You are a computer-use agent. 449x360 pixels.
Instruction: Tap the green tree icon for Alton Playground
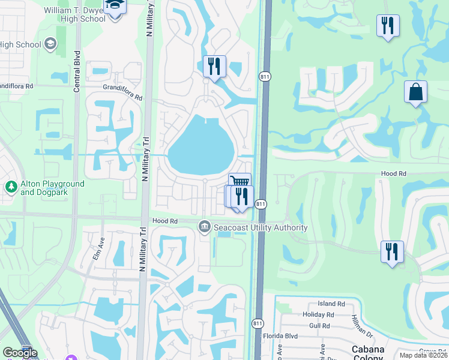(x=10, y=187)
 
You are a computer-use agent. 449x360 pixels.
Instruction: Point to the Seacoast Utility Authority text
(x=260, y=227)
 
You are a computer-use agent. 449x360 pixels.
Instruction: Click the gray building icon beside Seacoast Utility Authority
(x=204, y=226)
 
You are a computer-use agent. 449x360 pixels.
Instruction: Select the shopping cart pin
(x=240, y=182)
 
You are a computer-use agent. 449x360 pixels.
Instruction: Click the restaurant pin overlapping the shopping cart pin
(x=241, y=196)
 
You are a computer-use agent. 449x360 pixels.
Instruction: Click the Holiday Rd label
(x=319, y=314)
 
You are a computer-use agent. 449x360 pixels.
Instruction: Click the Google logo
(x=20, y=353)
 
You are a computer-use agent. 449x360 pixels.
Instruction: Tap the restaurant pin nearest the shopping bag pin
(x=388, y=25)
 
